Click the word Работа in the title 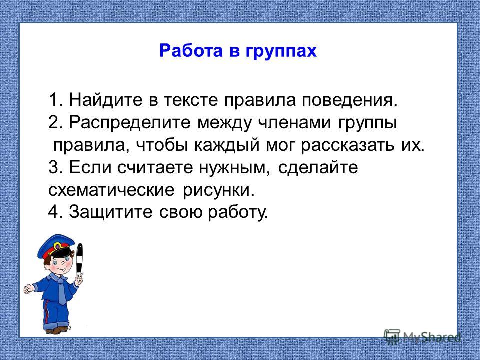pos(191,50)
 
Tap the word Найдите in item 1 pos(106,100)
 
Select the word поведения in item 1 pos(350,100)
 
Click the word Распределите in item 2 pos(130,123)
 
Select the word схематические pos(111,190)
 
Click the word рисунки pos(218,190)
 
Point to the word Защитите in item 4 pos(111,212)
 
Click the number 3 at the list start pos(53,167)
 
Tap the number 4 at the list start pos(53,212)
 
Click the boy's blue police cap pos(56,246)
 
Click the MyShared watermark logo pos(422,337)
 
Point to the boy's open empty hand pos(29,288)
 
